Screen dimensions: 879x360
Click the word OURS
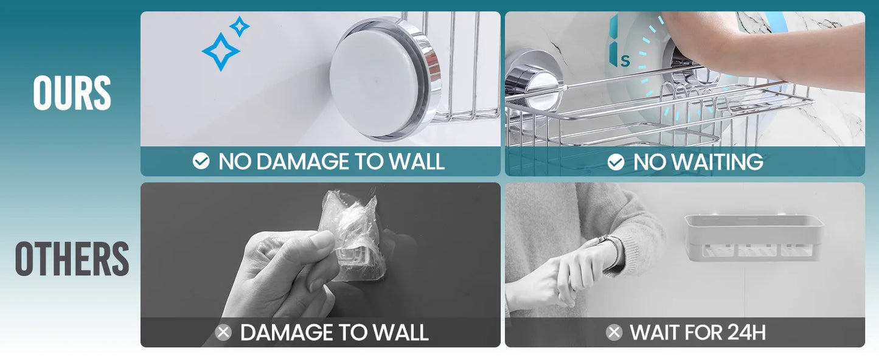72,93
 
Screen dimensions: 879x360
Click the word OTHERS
72,258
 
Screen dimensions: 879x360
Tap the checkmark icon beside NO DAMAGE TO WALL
201,161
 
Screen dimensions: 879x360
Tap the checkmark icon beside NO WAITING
616,162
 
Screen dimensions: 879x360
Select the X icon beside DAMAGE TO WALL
223,333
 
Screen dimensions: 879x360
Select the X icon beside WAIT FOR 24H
614,333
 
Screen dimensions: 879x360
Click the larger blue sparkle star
221,52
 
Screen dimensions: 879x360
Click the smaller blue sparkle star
240,27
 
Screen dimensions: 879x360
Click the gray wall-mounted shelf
754,237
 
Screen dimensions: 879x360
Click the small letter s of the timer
625,61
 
